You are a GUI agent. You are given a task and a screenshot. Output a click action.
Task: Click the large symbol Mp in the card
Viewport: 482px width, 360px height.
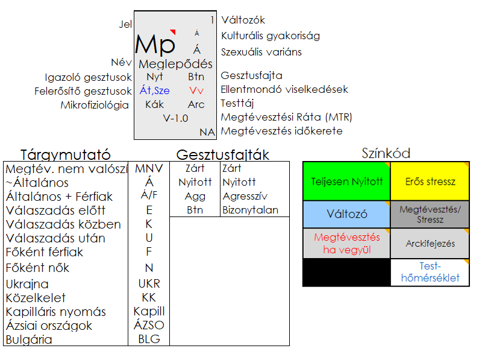tap(155, 45)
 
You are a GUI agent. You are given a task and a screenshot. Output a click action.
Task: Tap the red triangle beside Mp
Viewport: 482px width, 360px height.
tap(173, 31)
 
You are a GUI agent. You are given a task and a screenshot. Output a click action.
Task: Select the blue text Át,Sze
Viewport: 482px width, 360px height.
tap(155, 90)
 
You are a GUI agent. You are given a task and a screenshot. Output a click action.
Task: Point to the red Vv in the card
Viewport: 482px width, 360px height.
tap(196, 90)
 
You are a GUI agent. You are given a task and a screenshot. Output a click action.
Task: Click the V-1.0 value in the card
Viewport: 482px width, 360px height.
tap(175, 118)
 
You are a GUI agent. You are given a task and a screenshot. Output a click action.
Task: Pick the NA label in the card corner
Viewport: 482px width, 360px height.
tap(207, 132)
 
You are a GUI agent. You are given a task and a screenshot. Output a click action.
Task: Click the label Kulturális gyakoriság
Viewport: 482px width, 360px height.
tap(271, 36)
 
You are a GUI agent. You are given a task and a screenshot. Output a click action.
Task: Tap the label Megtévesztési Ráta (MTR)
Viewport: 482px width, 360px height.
tap(287, 117)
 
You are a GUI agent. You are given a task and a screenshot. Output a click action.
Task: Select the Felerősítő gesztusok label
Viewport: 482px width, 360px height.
tap(83, 91)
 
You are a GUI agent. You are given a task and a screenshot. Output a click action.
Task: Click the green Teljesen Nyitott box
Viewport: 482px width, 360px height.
tap(347, 182)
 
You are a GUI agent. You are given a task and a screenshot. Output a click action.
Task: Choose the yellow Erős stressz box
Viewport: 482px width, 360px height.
tap(430, 182)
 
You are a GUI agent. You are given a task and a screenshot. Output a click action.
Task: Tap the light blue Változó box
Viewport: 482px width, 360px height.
tap(347, 214)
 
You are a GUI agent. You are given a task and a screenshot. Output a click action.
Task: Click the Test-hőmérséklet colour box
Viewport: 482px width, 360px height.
tap(430, 273)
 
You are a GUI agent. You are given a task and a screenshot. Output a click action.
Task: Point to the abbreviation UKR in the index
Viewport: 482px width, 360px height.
tap(149, 283)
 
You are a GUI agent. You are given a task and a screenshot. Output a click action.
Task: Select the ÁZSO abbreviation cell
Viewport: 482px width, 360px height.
tap(149, 325)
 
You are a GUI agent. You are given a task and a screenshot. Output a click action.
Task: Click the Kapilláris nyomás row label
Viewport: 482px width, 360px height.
tap(55, 312)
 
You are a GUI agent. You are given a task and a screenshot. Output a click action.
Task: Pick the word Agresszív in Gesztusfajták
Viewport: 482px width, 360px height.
tap(245, 196)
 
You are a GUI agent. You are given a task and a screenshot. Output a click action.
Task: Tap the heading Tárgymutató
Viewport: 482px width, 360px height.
tap(66, 154)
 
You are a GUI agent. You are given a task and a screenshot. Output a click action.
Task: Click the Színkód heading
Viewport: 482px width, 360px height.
tap(386, 153)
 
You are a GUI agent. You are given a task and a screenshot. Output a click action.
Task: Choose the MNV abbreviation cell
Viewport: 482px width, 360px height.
tap(149, 168)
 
